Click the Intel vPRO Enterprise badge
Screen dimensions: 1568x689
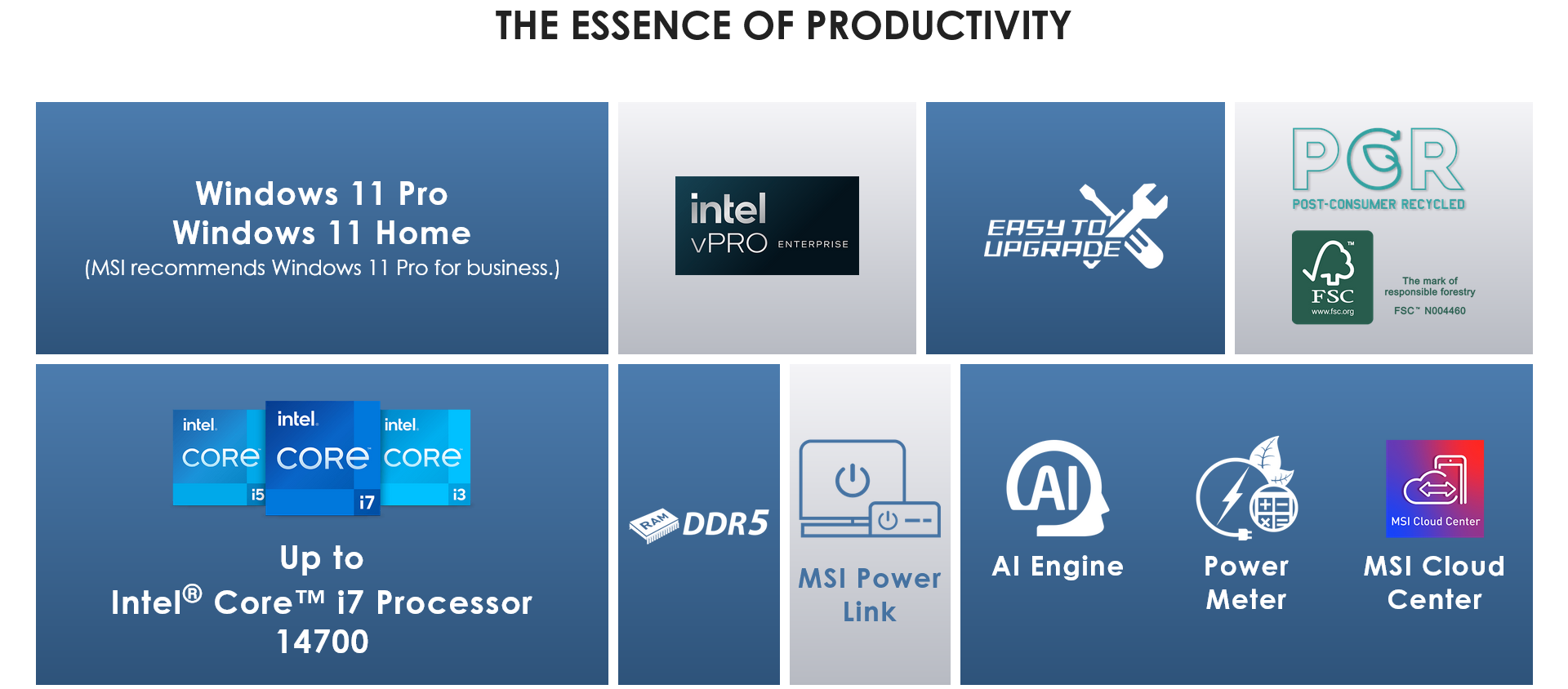pyautogui.click(x=767, y=225)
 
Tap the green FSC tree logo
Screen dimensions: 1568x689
pyautogui.click(x=1332, y=278)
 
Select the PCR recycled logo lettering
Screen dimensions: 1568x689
pyautogui.click(x=1379, y=159)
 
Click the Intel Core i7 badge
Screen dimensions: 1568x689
pyautogui.click(x=323, y=458)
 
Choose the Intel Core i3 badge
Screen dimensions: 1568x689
pyautogui.click(x=425, y=457)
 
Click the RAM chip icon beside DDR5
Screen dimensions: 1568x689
pyautogui.click(x=654, y=525)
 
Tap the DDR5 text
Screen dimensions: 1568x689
pyautogui.click(x=726, y=523)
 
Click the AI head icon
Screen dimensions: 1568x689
pyautogui.click(x=1058, y=487)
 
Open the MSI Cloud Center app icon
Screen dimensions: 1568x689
pyautogui.click(x=1435, y=488)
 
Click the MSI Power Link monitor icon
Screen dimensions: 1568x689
pyautogui.click(x=870, y=488)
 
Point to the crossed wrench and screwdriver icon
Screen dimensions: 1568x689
pyautogui.click(x=1124, y=226)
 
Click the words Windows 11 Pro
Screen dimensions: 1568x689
pyautogui.click(x=322, y=193)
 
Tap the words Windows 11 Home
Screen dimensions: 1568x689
pyautogui.click(x=322, y=233)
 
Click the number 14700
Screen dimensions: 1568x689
pyautogui.click(x=323, y=642)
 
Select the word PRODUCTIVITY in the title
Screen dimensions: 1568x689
pyautogui.click(x=938, y=25)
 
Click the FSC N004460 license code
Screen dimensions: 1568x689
pyautogui.click(x=1429, y=311)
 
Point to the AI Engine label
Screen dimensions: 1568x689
pyautogui.click(x=1058, y=567)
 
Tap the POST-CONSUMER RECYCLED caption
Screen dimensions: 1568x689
pyautogui.click(x=1379, y=204)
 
